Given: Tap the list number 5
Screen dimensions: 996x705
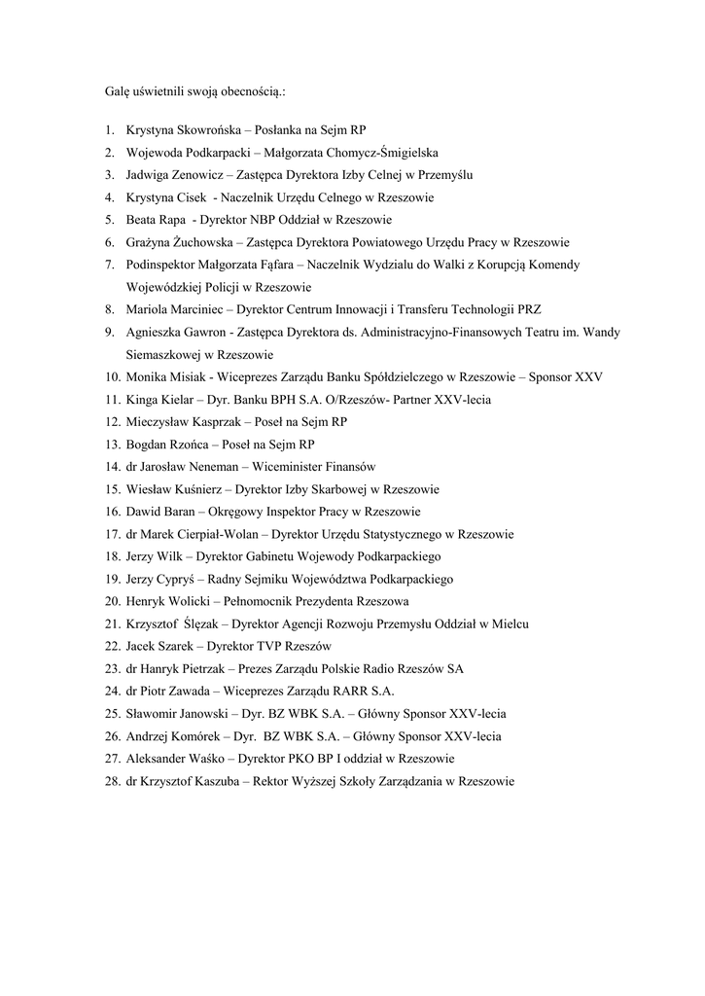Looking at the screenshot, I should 109,220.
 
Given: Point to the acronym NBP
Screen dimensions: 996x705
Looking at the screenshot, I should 264,220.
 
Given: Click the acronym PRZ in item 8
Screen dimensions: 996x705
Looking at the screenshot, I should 528,309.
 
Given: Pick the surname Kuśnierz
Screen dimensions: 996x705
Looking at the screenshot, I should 201,488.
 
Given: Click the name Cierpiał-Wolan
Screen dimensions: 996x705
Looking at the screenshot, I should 219,533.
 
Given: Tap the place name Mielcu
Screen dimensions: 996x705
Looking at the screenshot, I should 511,622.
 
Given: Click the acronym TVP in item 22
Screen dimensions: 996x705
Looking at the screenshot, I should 266,645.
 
